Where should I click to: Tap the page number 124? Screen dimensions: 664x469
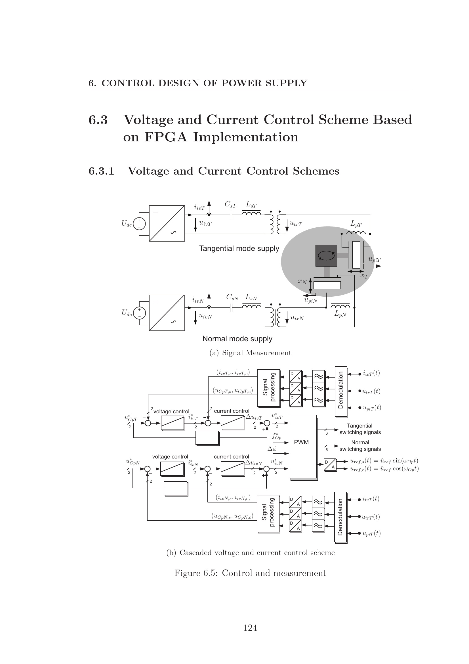250,628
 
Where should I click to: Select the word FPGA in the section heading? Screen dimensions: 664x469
166,137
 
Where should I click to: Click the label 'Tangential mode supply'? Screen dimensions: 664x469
239,248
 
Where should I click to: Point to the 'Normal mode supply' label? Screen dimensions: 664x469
237,339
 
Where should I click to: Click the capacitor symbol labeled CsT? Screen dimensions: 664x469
231,215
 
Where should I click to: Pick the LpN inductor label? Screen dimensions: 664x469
340,314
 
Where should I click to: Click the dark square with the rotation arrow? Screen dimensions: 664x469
326,255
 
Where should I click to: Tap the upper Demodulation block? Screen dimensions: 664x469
341,391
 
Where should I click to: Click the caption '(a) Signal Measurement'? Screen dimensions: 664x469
250,353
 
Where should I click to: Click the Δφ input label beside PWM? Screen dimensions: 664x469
272,449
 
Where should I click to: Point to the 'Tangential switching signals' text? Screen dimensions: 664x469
360,429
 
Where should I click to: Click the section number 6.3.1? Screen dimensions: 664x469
101,171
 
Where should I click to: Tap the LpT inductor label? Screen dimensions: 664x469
356,223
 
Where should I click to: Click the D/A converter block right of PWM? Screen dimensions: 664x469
330,465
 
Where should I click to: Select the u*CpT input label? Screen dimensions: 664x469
131,418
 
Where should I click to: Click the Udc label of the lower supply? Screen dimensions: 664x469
127,313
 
